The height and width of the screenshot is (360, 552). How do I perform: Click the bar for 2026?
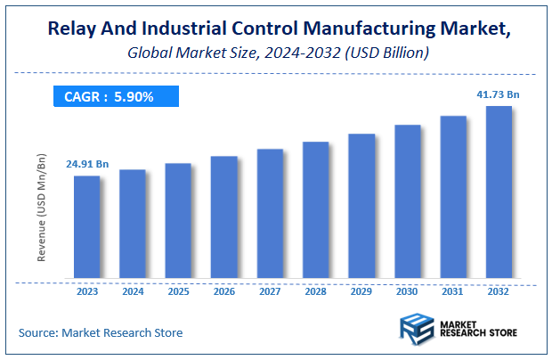[x=223, y=219]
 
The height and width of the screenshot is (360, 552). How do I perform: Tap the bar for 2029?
[x=361, y=208]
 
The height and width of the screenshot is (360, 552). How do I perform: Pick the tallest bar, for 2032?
[x=499, y=194]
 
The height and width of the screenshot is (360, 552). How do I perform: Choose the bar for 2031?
[x=453, y=199]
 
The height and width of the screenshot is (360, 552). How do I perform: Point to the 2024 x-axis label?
[x=133, y=290]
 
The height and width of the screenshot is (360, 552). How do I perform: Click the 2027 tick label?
[x=270, y=290]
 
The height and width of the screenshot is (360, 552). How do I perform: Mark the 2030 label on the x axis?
[x=407, y=290]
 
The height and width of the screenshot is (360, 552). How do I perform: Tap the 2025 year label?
[x=178, y=290]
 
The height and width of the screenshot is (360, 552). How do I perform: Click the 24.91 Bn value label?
[x=87, y=164]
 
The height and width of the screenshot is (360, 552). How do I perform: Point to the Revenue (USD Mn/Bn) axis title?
[x=41, y=207]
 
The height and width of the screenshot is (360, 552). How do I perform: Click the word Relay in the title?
[x=67, y=29]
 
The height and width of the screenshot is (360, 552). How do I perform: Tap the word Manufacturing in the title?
[x=371, y=29]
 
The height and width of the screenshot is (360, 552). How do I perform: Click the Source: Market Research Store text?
[x=101, y=332]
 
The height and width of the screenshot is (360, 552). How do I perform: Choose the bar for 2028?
[x=315, y=212]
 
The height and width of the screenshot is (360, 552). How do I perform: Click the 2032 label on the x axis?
[x=499, y=290]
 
